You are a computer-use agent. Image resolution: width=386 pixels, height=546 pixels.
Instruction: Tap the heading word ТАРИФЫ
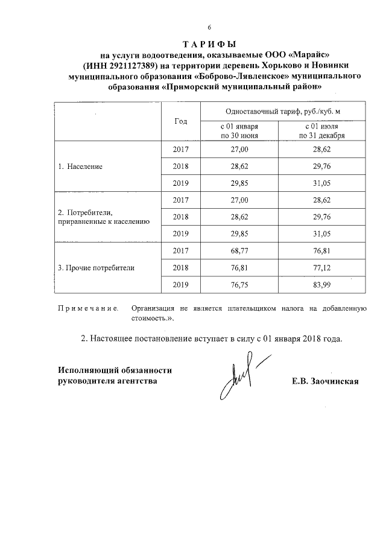click(209, 44)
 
